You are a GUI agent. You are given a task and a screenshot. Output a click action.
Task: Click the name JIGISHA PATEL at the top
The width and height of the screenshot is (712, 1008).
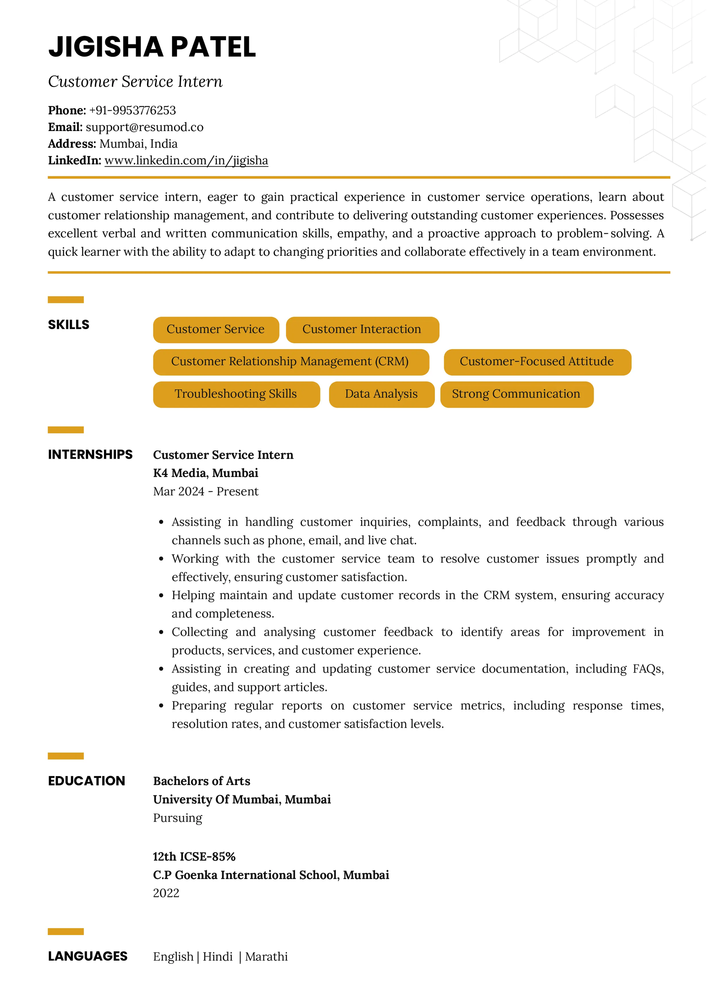coord(152,47)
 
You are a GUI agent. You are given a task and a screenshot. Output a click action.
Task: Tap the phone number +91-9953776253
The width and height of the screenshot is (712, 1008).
coord(132,110)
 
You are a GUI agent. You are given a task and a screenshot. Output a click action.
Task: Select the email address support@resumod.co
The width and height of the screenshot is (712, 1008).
coord(144,127)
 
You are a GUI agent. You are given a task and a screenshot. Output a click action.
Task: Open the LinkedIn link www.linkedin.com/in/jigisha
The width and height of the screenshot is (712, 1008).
coord(186,161)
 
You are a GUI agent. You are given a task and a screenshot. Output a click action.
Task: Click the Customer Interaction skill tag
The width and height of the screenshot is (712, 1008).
coord(362,329)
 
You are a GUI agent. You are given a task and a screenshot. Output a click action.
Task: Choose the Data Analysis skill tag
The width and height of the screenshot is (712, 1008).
coord(381,394)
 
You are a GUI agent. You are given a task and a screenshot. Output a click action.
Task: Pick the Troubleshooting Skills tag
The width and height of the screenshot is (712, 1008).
coord(236,394)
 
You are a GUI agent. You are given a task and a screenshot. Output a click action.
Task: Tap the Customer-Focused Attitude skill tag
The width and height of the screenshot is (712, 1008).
coord(536,361)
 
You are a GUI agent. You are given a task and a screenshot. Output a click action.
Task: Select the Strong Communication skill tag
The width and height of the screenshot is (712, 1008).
coord(516,394)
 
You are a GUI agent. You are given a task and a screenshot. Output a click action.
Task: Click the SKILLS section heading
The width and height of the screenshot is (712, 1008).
coord(68,324)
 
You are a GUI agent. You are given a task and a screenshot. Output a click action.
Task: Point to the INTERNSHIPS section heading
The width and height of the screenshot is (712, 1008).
coord(90,454)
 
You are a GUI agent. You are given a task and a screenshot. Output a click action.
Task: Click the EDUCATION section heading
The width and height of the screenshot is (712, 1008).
coord(87,781)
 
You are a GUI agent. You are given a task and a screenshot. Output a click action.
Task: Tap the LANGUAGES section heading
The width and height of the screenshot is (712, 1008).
coord(87,956)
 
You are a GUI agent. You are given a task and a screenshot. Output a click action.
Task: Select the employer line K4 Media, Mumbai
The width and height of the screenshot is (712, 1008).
coord(205,473)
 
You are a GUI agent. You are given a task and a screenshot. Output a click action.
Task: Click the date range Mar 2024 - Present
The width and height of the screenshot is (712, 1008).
coord(205,491)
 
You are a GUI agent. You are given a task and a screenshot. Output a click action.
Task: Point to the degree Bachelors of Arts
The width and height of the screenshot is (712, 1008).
coord(201,781)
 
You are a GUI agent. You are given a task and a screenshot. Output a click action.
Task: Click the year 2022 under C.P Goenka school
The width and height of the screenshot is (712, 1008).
coord(166,893)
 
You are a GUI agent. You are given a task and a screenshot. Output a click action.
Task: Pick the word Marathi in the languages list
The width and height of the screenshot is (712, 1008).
coord(266,957)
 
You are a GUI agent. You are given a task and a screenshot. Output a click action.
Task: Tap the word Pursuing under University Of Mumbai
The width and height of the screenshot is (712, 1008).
coord(178,818)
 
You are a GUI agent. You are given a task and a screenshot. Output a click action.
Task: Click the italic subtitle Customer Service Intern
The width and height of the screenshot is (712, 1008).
coord(135,82)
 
